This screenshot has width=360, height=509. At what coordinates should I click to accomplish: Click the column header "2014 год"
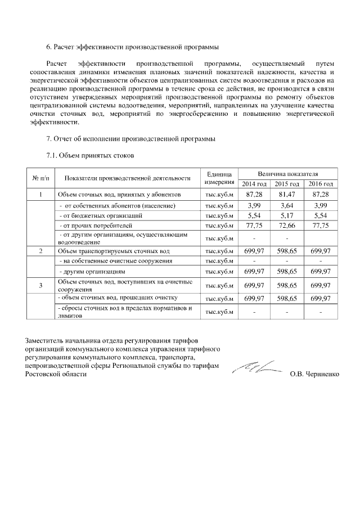click(x=255, y=184)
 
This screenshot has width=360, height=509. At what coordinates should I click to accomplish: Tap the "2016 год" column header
click(x=321, y=184)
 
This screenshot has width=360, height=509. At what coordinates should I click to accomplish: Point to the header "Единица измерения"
click(x=219, y=178)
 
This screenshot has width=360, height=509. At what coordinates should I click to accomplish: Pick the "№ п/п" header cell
click(x=41, y=178)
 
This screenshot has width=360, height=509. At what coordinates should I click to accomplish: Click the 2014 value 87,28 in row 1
click(x=255, y=194)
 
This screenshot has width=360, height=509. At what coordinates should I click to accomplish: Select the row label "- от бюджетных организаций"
click(x=97, y=215)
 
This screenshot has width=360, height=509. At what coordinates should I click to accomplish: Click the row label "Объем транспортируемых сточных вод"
click(x=114, y=251)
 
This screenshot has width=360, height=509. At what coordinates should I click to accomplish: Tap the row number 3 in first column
click(x=41, y=286)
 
